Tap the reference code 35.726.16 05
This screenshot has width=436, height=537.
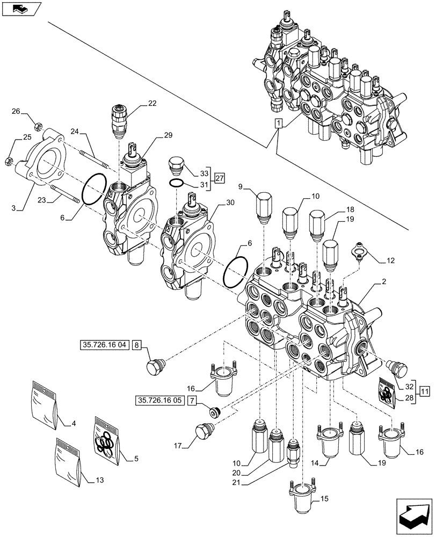(x=159, y=400)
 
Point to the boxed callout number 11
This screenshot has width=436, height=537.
(x=424, y=391)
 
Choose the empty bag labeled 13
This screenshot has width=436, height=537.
(x=69, y=463)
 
